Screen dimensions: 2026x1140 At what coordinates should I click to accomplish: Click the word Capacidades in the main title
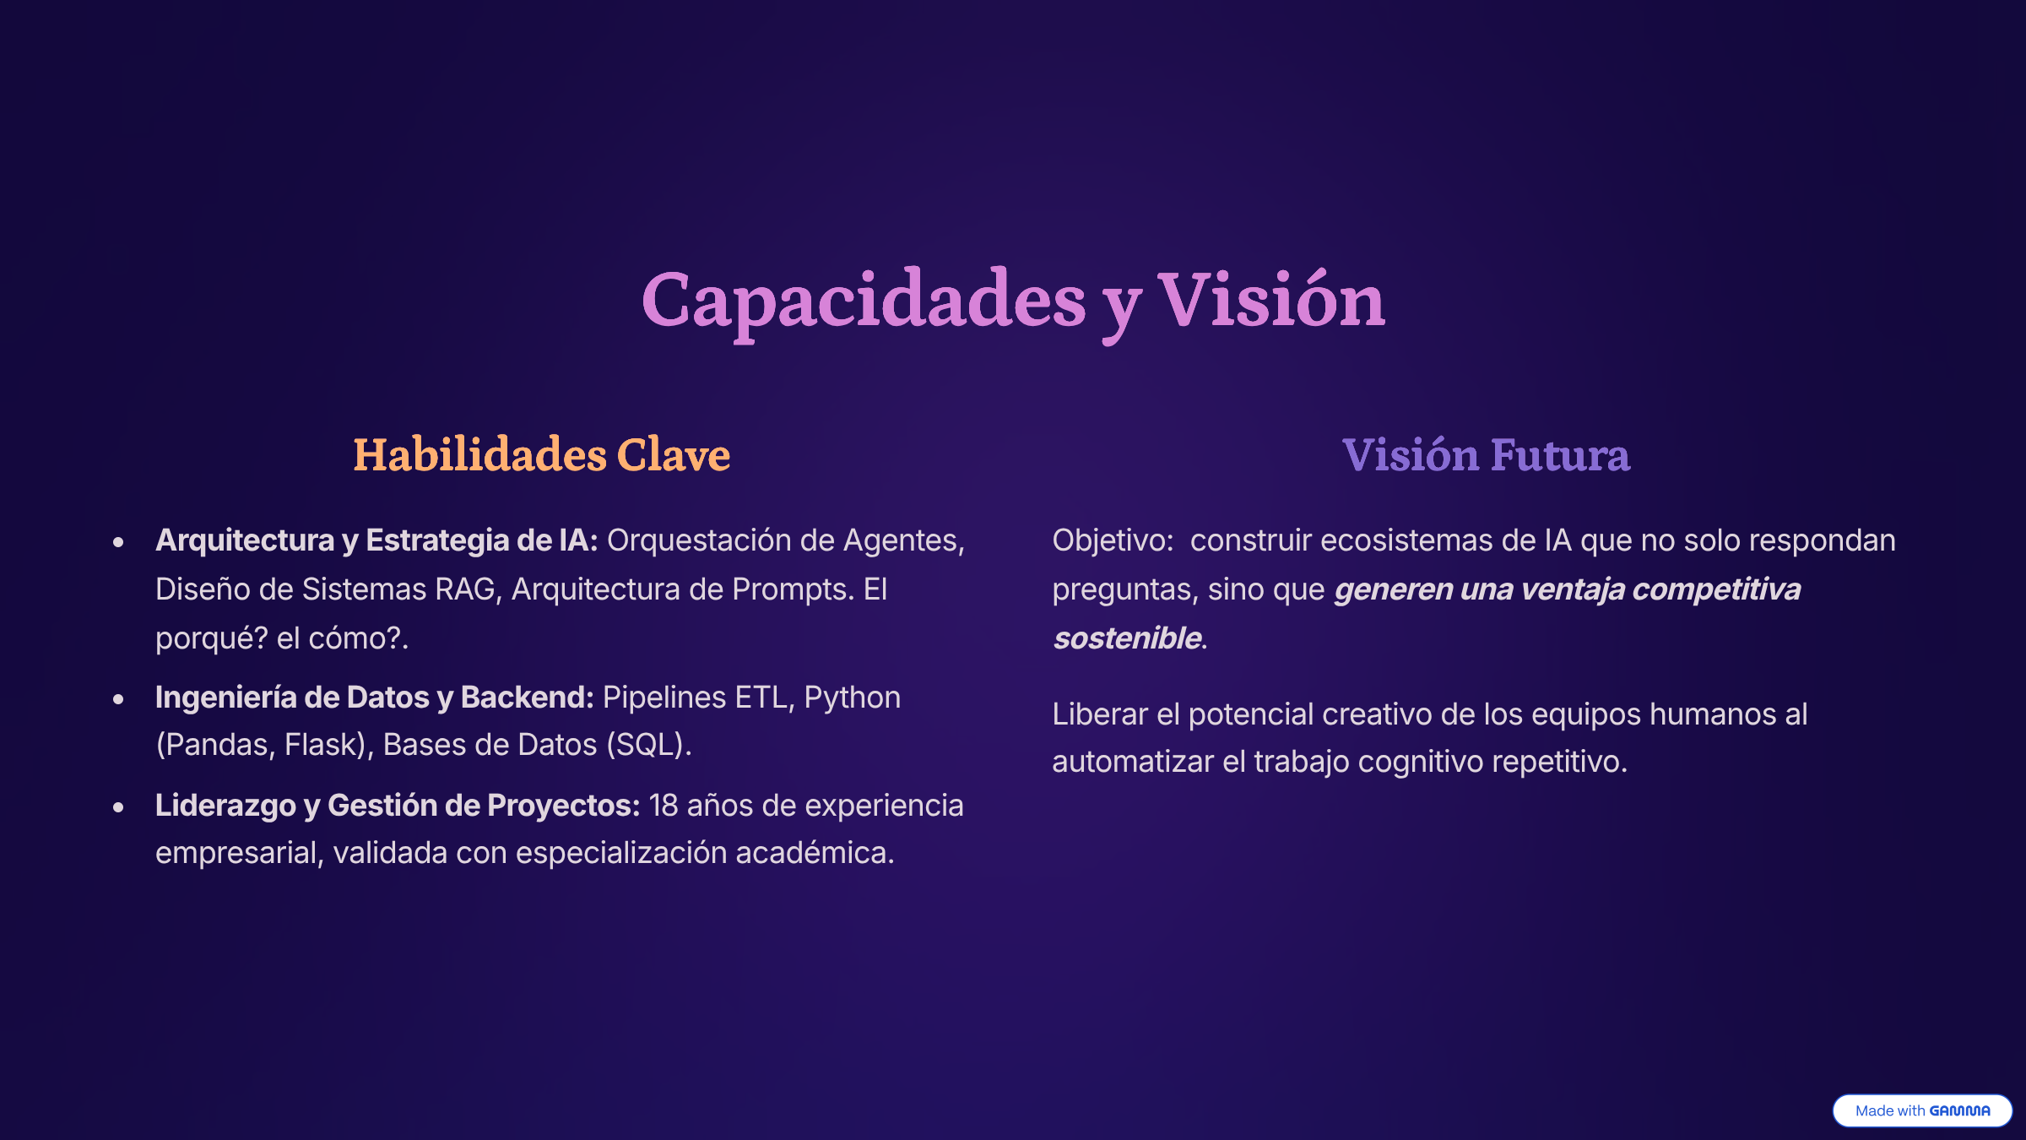pyautogui.click(x=864, y=302)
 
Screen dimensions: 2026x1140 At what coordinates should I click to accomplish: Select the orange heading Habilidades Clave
pyautogui.click(x=541, y=454)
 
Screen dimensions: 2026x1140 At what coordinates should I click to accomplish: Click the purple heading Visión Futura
pyautogui.click(x=1486, y=454)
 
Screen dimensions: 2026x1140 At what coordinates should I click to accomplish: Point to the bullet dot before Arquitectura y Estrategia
pyautogui.click(x=118, y=542)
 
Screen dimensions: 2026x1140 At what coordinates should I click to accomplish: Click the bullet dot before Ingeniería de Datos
pyautogui.click(x=118, y=699)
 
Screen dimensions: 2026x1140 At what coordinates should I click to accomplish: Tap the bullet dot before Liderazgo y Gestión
pyautogui.click(x=118, y=807)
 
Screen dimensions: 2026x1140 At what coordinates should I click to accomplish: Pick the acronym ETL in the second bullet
pyautogui.click(x=765, y=698)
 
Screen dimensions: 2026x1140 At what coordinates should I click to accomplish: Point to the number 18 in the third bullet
pyautogui.click(x=664, y=806)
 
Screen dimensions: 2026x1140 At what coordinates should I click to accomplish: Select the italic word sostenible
pyautogui.click(x=1127, y=638)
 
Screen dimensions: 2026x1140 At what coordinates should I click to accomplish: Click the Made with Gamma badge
pyautogui.click(x=1922, y=1110)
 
